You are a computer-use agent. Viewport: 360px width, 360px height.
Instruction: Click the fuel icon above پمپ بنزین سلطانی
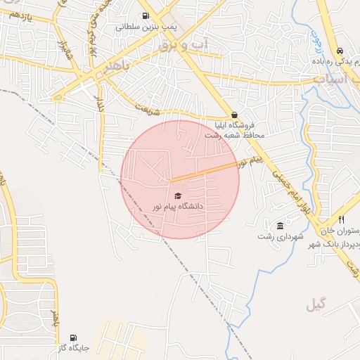tap(146, 15)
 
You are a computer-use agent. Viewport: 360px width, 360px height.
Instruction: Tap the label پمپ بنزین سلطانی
tap(145, 27)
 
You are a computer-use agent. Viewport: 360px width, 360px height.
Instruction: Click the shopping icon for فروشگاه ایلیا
tap(234, 115)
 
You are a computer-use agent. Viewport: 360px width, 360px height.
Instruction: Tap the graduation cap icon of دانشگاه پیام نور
tap(178, 195)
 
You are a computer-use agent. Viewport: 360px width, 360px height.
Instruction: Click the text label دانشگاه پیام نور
tap(179, 207)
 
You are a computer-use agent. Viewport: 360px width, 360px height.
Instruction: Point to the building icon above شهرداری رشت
tap(281, 226)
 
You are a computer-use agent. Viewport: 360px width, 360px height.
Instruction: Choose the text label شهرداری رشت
tap(281, 237)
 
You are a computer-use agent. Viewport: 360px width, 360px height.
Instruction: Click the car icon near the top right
tap(340, 51)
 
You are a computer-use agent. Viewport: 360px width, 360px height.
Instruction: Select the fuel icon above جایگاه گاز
tap(74, 337)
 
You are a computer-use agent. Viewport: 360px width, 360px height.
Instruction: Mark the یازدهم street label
tap(19, 16)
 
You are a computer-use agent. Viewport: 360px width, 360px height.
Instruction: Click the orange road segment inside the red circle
tap(204, 171)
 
